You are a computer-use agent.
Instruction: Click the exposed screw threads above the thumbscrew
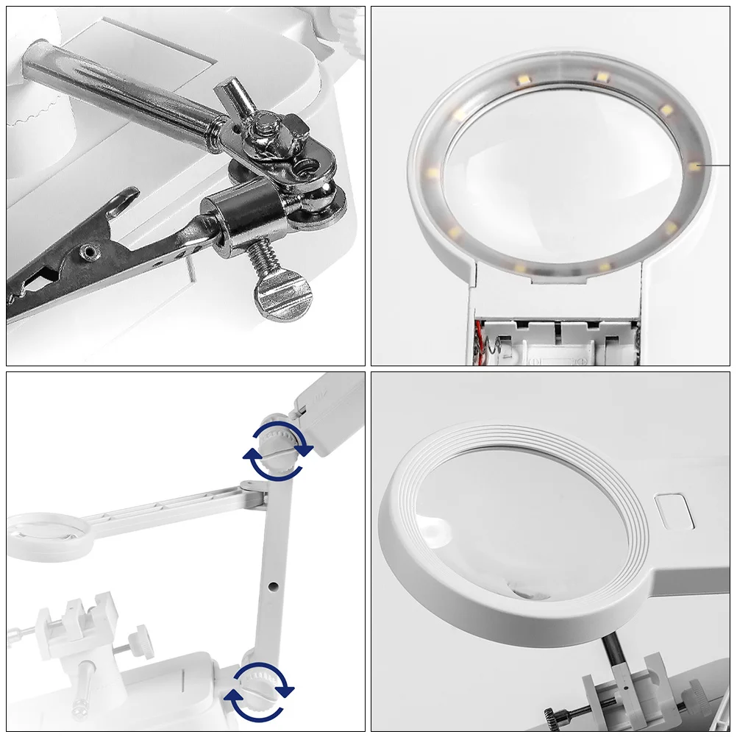pos(263,257)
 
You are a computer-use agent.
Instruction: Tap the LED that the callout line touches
pos(694,165)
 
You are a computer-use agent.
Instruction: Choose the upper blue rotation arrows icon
pos(277,450)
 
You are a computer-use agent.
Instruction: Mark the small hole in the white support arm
pos(273,587)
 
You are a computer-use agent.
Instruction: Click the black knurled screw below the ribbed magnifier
pos(566,713)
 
